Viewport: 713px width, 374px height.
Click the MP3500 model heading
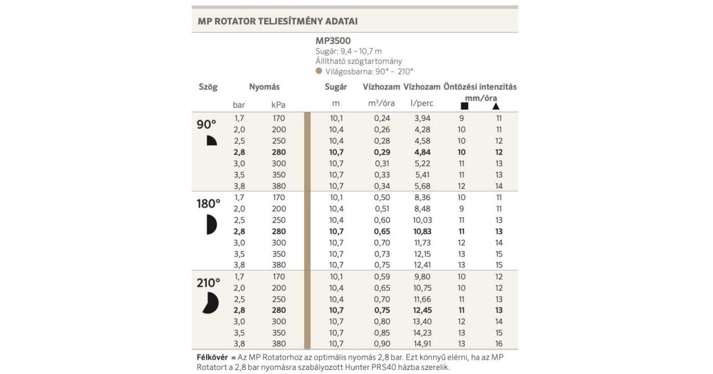(333, 41)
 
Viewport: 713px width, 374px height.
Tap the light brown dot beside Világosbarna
(319, 71)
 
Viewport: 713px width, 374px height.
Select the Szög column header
(208, 87)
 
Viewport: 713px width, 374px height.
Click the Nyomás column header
(264, 87)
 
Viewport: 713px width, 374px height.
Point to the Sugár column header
(336, 87)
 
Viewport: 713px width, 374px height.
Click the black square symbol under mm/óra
(464, 106)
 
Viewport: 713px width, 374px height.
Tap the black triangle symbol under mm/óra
(496, 106)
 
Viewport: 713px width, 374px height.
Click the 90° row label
(207, 125)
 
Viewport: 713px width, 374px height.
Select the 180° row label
(209, 204)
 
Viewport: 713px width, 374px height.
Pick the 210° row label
(209, 283)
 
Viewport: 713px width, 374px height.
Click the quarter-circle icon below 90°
(212, 141)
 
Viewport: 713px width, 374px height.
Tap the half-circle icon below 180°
(212, 224)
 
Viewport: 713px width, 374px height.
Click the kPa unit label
(278, 104)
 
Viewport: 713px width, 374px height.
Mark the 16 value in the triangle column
(499, 344)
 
